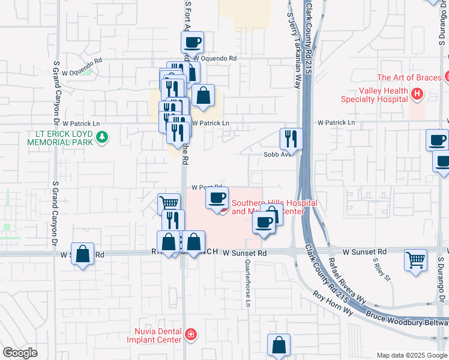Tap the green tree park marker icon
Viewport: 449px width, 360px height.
[x=103, y=138]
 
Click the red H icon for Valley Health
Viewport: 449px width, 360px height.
[x=418, y=94]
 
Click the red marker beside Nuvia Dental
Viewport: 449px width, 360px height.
[x=191, y=334]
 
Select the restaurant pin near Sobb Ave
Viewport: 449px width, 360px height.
[x=291, y=139]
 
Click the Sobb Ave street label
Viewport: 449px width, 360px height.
[x=277, y=154]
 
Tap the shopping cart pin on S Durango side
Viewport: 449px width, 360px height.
[x=416, y=260]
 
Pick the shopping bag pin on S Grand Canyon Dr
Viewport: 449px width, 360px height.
[x=83, y=254]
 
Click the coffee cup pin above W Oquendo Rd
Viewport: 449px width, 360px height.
[x=193, y=43]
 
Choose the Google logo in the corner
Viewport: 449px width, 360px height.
[x=20, y=353]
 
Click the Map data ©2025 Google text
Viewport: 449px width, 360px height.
[x=411, y=355]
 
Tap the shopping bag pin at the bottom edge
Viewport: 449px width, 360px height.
[x=279, y=345]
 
